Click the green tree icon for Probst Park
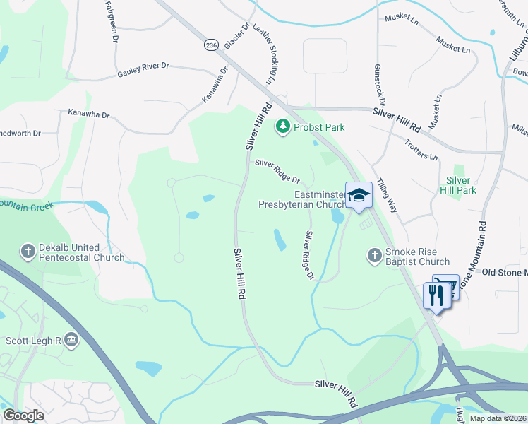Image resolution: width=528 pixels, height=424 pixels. tap(283, 126)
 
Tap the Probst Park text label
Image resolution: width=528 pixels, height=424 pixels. tap(319, 127)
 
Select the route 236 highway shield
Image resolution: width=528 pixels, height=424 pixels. tap(210, 45)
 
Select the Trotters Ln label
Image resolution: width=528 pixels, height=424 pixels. tap(421, 148)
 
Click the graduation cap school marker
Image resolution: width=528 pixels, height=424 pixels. tap(359, 196)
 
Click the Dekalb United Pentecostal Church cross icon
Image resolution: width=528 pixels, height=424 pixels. tap(28, 250)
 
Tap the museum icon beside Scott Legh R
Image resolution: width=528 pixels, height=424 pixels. tap(71, 340)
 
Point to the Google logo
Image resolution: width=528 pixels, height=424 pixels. tap(23, 415)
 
